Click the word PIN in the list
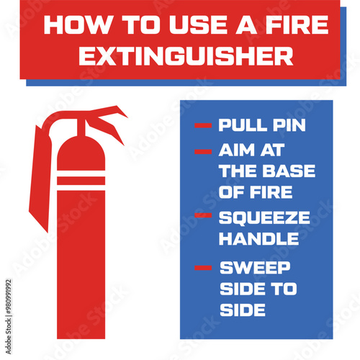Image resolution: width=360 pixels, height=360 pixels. point(289,125)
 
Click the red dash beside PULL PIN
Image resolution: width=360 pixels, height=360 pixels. point(203,126)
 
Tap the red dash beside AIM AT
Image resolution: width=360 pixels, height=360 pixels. point(203,152)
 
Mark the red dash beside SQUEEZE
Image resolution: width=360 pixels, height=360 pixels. point(203,215)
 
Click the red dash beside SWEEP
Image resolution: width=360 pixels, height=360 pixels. point(203,269)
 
